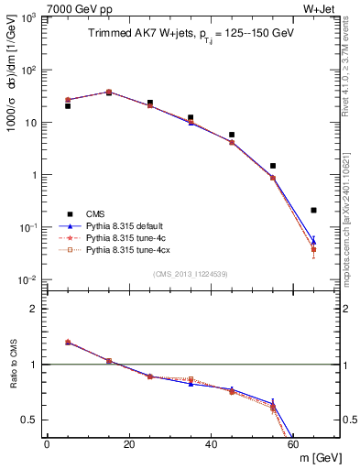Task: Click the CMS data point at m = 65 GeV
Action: tap(313, 210)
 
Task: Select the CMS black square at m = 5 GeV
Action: tap(68, 106)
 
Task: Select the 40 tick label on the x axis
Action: tap(212, 444)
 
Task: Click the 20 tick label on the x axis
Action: tap(129, 444)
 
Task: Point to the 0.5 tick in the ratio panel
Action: tap(33, 420)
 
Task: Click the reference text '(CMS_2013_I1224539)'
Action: tap(191, 273)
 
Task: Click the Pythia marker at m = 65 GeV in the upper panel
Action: tap(313, 244)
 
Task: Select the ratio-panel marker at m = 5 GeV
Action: tap(68, 342)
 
